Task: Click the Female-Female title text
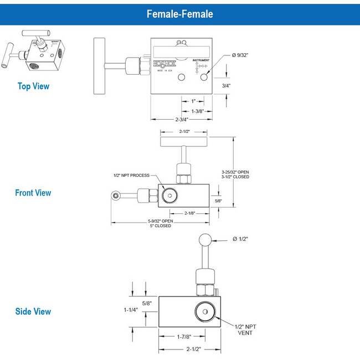pyautogui.click(x=179, y=13)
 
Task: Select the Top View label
pyautogui.click(x=33, y=86)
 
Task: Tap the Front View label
pyautogui.click(x=33, y=193)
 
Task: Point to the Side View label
pyautogui.click(x=33, y=311)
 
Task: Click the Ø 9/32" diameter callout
pyautogui.click(x=243, y=55)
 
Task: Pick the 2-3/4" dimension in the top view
pyautogui.click(x=181, y=119)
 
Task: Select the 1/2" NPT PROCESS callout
pyautogui.click(x=131, y=175)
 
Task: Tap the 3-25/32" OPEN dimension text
pyautogui.click(x=235, y=172)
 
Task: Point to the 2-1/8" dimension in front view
pyautogui.click(x=188, y=212)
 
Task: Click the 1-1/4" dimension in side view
pyautogui.click(x=131, y=310)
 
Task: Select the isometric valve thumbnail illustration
pyautogui.click(x=34, y=53)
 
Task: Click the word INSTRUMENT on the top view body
pyautogui.click(x=201, y=60)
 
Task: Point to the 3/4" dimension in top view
pyautogui.click(x=225, y=86)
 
